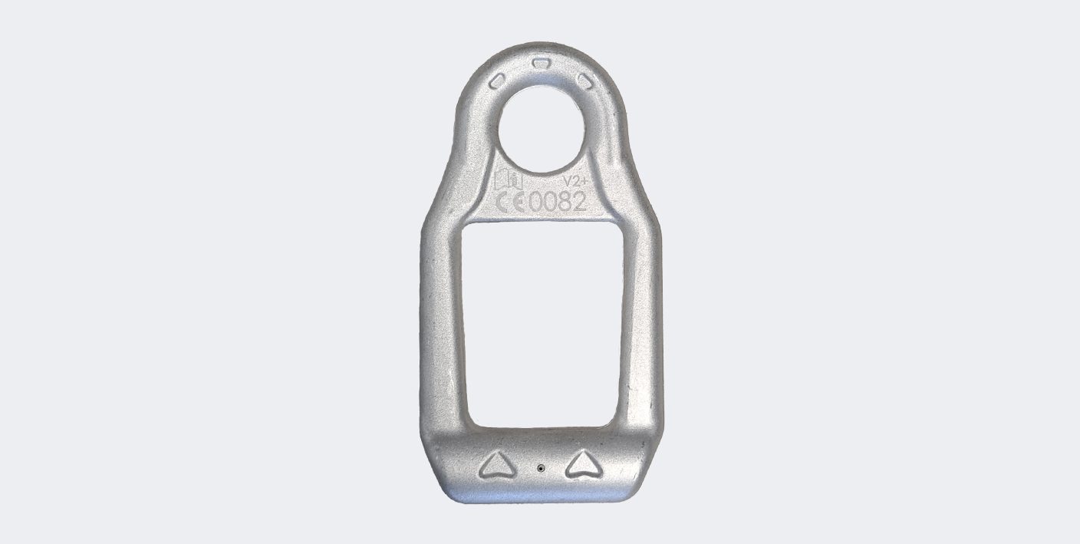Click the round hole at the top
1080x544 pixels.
542,129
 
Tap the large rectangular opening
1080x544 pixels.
542,325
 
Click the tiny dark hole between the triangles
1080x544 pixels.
541,468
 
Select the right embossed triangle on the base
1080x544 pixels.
584,465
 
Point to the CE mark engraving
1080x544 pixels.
511,202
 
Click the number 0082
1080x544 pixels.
558,202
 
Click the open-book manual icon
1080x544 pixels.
509,180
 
